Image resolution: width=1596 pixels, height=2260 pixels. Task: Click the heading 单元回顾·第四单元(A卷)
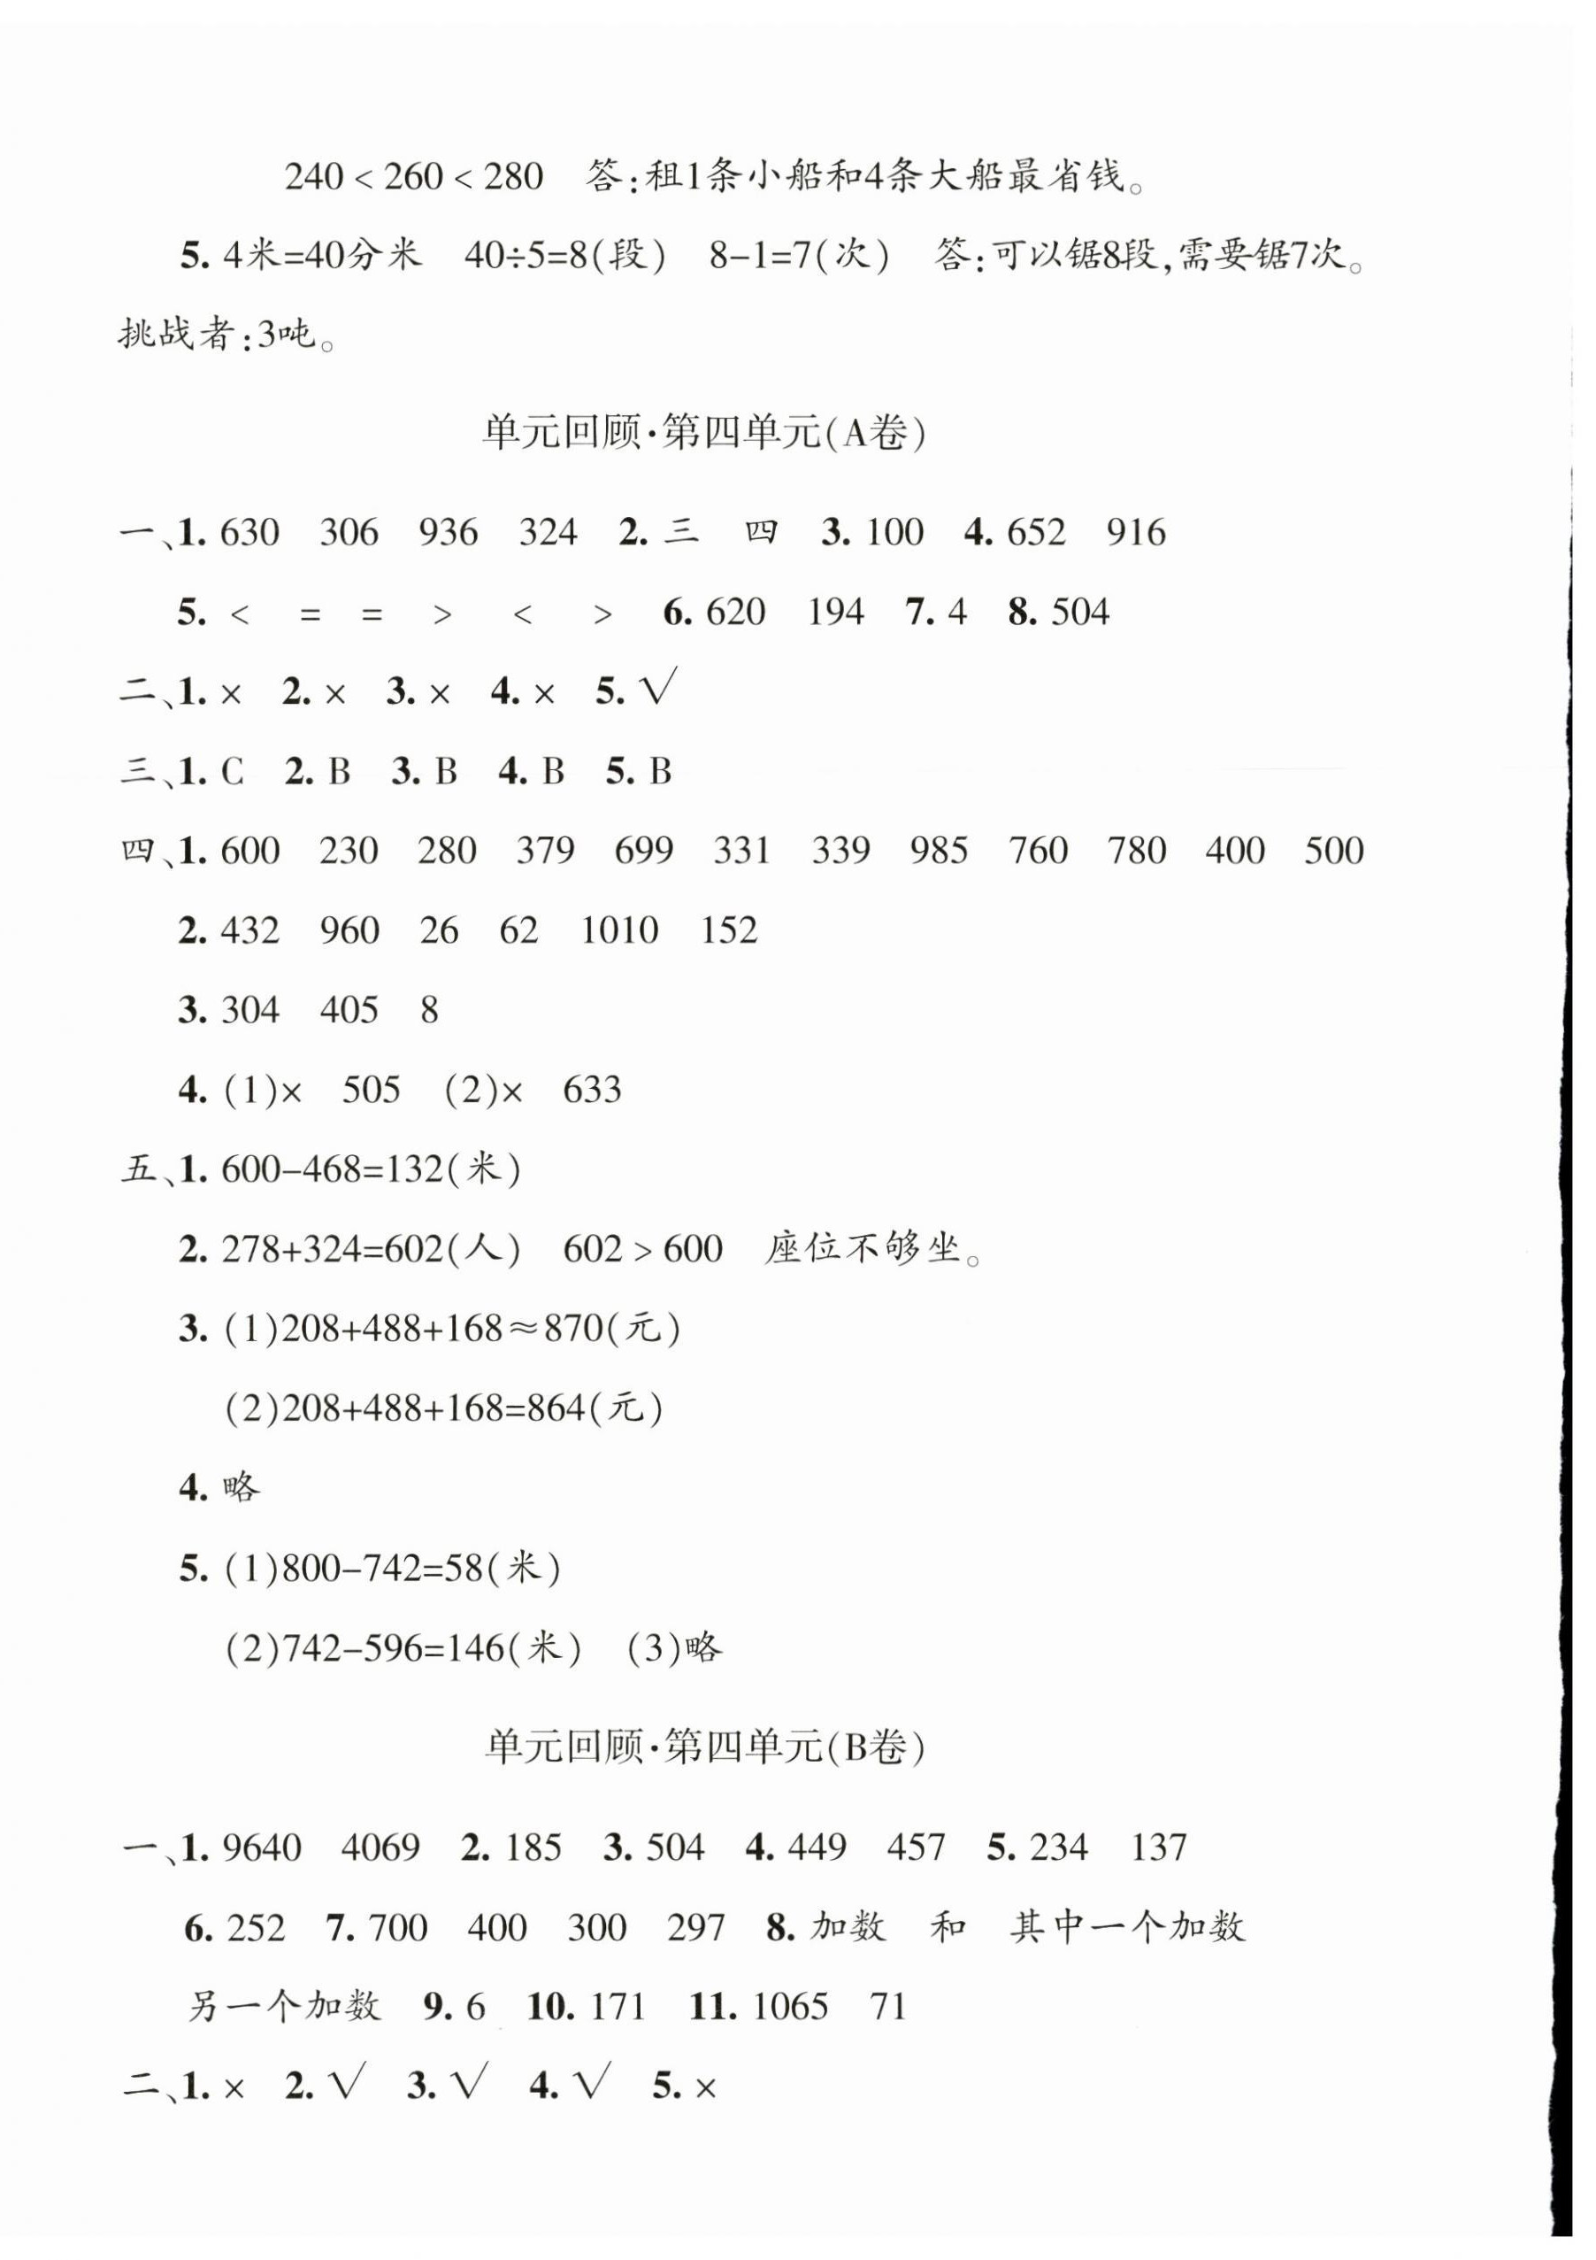tap(703, 433)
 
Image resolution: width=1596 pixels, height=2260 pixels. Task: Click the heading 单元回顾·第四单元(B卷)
tap(704, 1747)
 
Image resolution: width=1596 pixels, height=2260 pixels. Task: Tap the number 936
tap(448, 533)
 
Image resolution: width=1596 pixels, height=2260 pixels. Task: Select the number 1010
tap(619, 930)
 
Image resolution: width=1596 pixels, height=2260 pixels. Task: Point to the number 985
tap(939, 851)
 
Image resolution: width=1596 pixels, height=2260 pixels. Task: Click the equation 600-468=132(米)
tap(371, 1169)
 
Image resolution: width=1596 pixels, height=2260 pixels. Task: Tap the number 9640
tap(262, 1847)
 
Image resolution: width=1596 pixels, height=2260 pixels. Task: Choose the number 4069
tap(380, 1847)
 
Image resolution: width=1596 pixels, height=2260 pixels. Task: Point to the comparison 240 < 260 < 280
tap(414, 177)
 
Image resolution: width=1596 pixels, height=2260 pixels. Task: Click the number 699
tap(643, 851)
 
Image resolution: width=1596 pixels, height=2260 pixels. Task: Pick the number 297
tap(695, 1927)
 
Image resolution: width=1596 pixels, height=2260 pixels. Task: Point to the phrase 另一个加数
tap(283, 2006)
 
